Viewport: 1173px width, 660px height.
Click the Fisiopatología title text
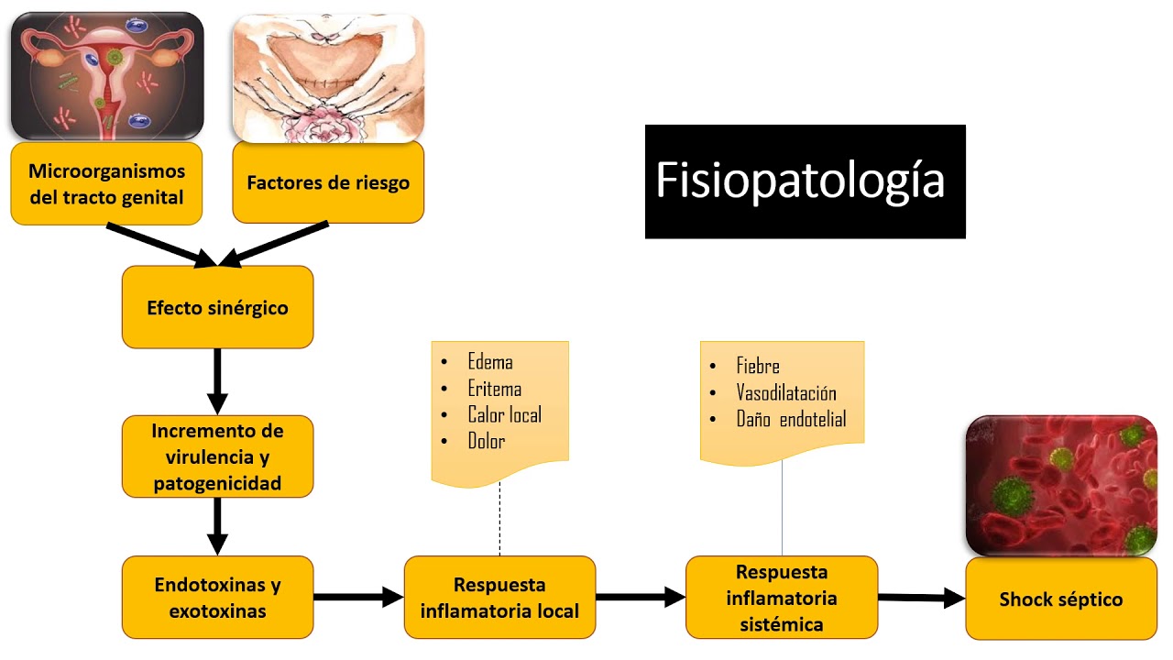(x=800, y=181)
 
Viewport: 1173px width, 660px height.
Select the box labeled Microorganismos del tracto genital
(x=106, y=183)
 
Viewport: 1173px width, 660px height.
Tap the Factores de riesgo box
(x=328, y=181)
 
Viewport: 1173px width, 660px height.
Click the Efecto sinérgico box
(x=217, y=307)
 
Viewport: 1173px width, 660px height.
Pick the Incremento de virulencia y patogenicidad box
(x=217, y=456)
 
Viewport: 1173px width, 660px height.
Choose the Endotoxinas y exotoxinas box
(x=217, y=597)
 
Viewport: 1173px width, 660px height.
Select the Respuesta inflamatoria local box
(x=499, y=597)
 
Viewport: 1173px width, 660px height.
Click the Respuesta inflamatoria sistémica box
(x=782, y=598)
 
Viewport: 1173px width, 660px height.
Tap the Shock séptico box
(x=1060, y=599)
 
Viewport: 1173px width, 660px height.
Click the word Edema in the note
(x=489, y=362)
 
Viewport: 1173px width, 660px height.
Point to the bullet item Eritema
(x=494, y=389)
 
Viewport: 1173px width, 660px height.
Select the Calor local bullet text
(x=504, y=415)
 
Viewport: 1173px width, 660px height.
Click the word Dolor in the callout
(x=486, y=442)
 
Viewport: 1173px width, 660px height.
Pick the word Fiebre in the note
(x=758, y=366)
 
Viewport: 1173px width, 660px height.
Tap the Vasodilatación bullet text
(x=786, y=393)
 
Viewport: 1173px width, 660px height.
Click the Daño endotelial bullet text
(x=791, y=420)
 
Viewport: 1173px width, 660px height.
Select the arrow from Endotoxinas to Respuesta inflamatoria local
(x=358, y=597)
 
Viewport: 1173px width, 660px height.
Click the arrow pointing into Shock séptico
(x=921, y=598)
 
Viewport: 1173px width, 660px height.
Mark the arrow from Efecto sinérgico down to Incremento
(x=217, y=381)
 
